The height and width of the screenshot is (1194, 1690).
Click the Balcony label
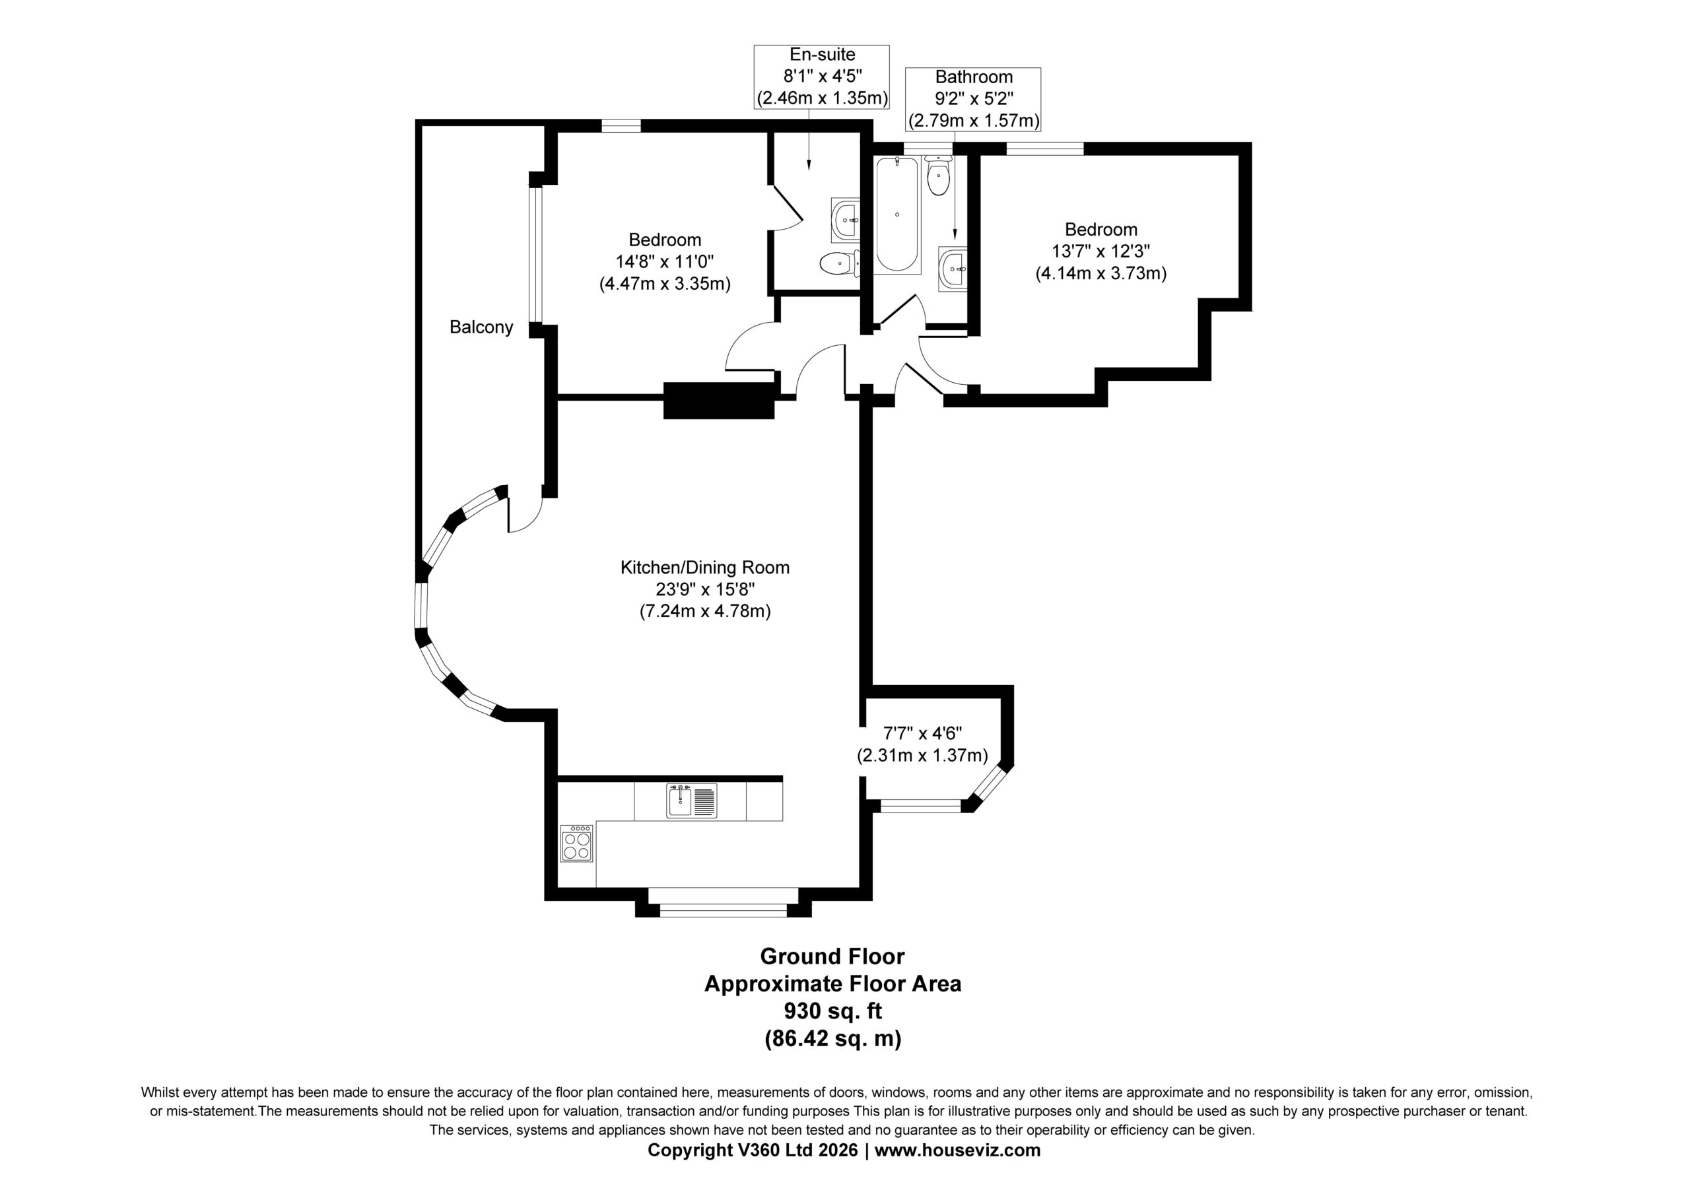tap(481, 327)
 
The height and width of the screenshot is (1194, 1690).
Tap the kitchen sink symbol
tap(691, 801)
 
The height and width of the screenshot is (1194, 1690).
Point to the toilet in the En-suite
tap(839, 263)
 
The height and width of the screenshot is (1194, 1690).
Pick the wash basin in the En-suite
tap(845, 218)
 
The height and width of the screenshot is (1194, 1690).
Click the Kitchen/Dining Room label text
tap(705, 568)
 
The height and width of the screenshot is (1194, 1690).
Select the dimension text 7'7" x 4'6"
tap(923, 733)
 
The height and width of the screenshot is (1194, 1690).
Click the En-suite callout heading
tap(822, 55)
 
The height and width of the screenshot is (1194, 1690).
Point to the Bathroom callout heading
tap(974, 77)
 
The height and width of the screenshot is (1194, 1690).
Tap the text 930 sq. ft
tap(832, 1011)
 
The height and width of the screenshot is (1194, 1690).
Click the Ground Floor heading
tap(832, 956)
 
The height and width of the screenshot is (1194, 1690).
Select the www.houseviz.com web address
tap(958, 1150)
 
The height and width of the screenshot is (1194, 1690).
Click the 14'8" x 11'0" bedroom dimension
tap(665, 261)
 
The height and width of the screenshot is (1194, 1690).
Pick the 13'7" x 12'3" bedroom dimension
tap(1101, 251)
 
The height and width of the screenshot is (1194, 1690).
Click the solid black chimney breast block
tap(719, 401)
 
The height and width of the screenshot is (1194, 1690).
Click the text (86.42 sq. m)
tap(832, 1039)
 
